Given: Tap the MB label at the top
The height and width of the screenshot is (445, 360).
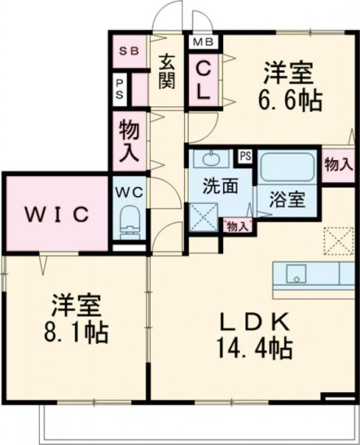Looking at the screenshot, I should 203,42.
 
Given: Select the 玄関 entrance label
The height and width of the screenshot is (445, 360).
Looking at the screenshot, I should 167,71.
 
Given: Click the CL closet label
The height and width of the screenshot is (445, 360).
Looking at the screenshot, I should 204,80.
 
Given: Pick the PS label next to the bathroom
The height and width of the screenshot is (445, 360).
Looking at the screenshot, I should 245,155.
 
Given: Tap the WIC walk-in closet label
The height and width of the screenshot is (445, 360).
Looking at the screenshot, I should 58,214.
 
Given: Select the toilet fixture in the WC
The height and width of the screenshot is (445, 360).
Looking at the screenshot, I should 130,221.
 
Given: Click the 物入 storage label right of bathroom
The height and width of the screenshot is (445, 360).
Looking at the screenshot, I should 338,164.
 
